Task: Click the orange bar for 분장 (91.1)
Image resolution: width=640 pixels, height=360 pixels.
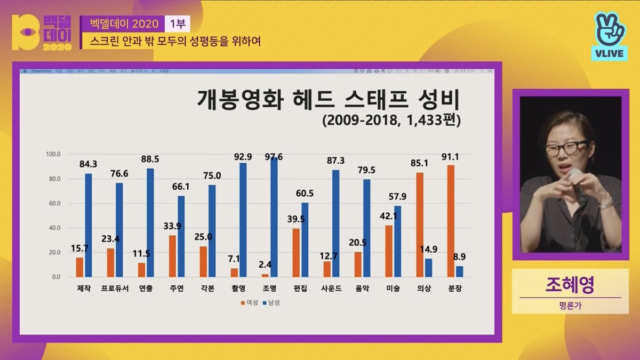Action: pyautogui.click(x=451, y=221)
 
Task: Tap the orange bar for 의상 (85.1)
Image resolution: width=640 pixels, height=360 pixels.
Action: pyautogui.click(x=420, y=225)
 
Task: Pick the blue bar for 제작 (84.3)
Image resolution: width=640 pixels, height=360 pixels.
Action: pyautogui.click(x=88, y=225)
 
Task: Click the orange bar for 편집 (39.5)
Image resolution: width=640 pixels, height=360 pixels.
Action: pyautogui.click(x=296, y=252)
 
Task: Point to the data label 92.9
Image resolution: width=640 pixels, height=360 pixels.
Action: pyautogui.click(x=243, y=157)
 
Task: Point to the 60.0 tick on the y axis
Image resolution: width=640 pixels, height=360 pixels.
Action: pyautogui.click(x=54, y=203)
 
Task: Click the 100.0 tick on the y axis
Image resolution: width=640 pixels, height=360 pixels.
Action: pyautogui.click(x=53, y=154)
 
